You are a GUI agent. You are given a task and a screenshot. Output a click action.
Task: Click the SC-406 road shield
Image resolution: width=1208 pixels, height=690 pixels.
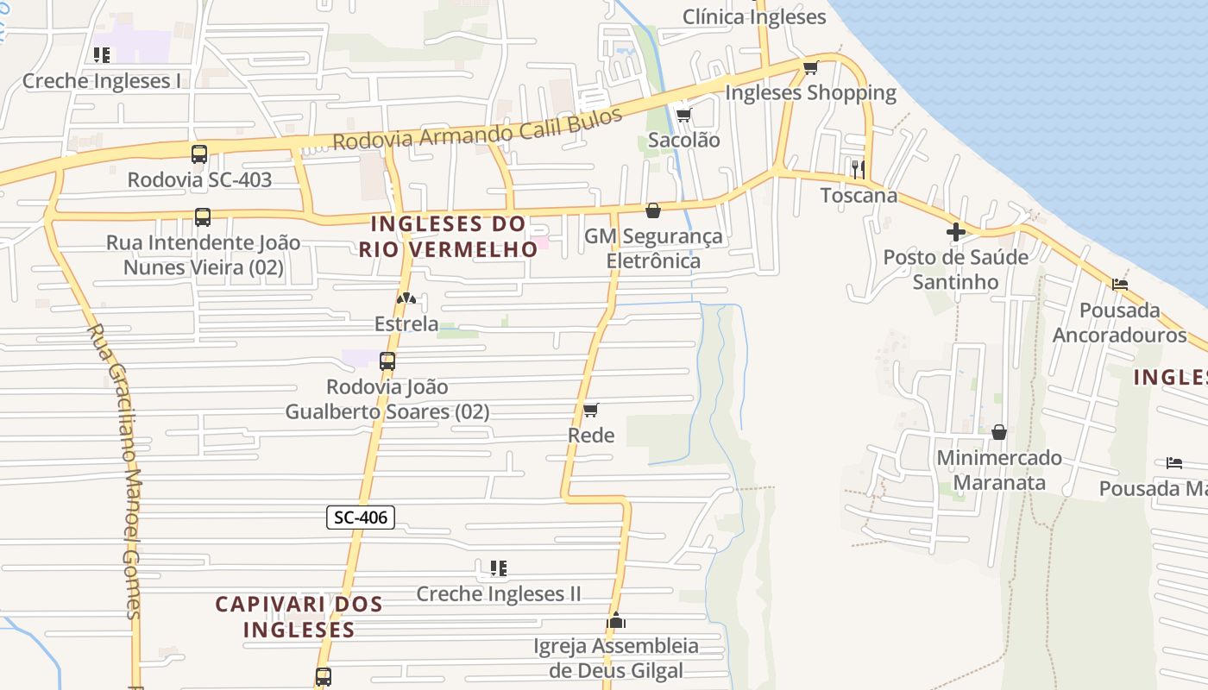click(x=362, y=517)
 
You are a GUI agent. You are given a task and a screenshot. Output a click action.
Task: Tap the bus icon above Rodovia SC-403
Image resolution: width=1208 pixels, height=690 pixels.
click(x=199, y=154)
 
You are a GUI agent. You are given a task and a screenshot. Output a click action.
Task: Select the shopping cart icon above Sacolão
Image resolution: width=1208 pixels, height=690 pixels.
click(x=683, y=115)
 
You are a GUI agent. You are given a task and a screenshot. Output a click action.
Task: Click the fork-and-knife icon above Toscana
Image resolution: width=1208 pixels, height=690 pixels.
click(x=858, y=169)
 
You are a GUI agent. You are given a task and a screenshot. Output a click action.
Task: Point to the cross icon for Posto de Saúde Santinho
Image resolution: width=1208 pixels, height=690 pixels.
click(x=955, y=231)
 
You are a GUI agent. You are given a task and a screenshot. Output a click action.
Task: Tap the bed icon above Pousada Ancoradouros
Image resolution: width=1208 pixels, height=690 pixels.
click(x=1120, y=284)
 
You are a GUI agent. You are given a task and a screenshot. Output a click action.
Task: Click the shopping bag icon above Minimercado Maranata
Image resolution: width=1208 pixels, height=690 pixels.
click(x=999, y=431)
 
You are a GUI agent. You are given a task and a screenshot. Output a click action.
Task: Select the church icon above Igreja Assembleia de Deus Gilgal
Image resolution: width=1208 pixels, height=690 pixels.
click(x=615, y=620)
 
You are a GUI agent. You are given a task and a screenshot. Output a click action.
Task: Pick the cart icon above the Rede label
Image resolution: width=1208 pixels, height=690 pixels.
click(x=591, y=410)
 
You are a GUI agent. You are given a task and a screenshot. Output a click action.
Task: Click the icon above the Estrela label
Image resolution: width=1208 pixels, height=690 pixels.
click(x=406, y=298)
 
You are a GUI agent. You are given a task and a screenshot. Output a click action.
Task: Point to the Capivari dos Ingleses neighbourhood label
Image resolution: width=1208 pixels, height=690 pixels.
click(x=299, y=617)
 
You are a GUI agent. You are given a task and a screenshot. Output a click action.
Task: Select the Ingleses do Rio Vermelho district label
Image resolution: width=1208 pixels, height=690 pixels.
click(x=449, y=236)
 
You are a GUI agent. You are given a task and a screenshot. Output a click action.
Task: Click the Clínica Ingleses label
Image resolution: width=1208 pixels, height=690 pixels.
click(x=754, y=16)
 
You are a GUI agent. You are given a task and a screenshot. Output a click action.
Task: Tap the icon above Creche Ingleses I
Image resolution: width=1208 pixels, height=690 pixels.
click(x=102, y=56)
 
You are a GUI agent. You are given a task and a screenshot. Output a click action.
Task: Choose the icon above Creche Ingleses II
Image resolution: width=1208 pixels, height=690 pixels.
click(x=498, y=568)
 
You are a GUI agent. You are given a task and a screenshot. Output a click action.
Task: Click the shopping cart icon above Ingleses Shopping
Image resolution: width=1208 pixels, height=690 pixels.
click(x=810, y=67)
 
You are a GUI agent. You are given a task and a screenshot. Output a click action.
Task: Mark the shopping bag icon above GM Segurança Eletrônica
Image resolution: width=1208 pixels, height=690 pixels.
click(x=653, y=210)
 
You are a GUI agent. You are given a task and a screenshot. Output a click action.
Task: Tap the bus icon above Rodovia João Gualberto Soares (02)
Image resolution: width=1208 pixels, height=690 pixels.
click(x=387, y=361)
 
